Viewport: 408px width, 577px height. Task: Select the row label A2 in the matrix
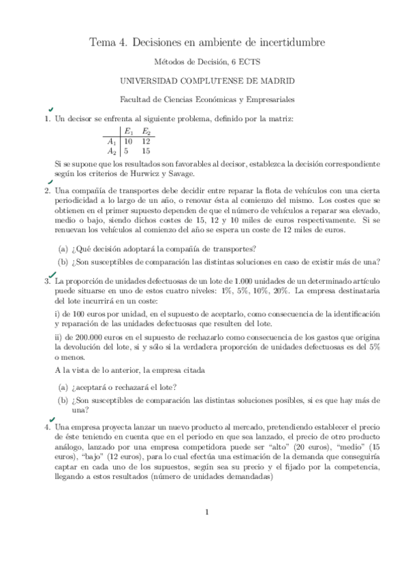[x=112, y=151]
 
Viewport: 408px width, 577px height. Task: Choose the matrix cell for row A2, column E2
[x=146, y=151]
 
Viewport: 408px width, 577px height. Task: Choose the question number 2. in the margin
[x=48, y=191]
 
